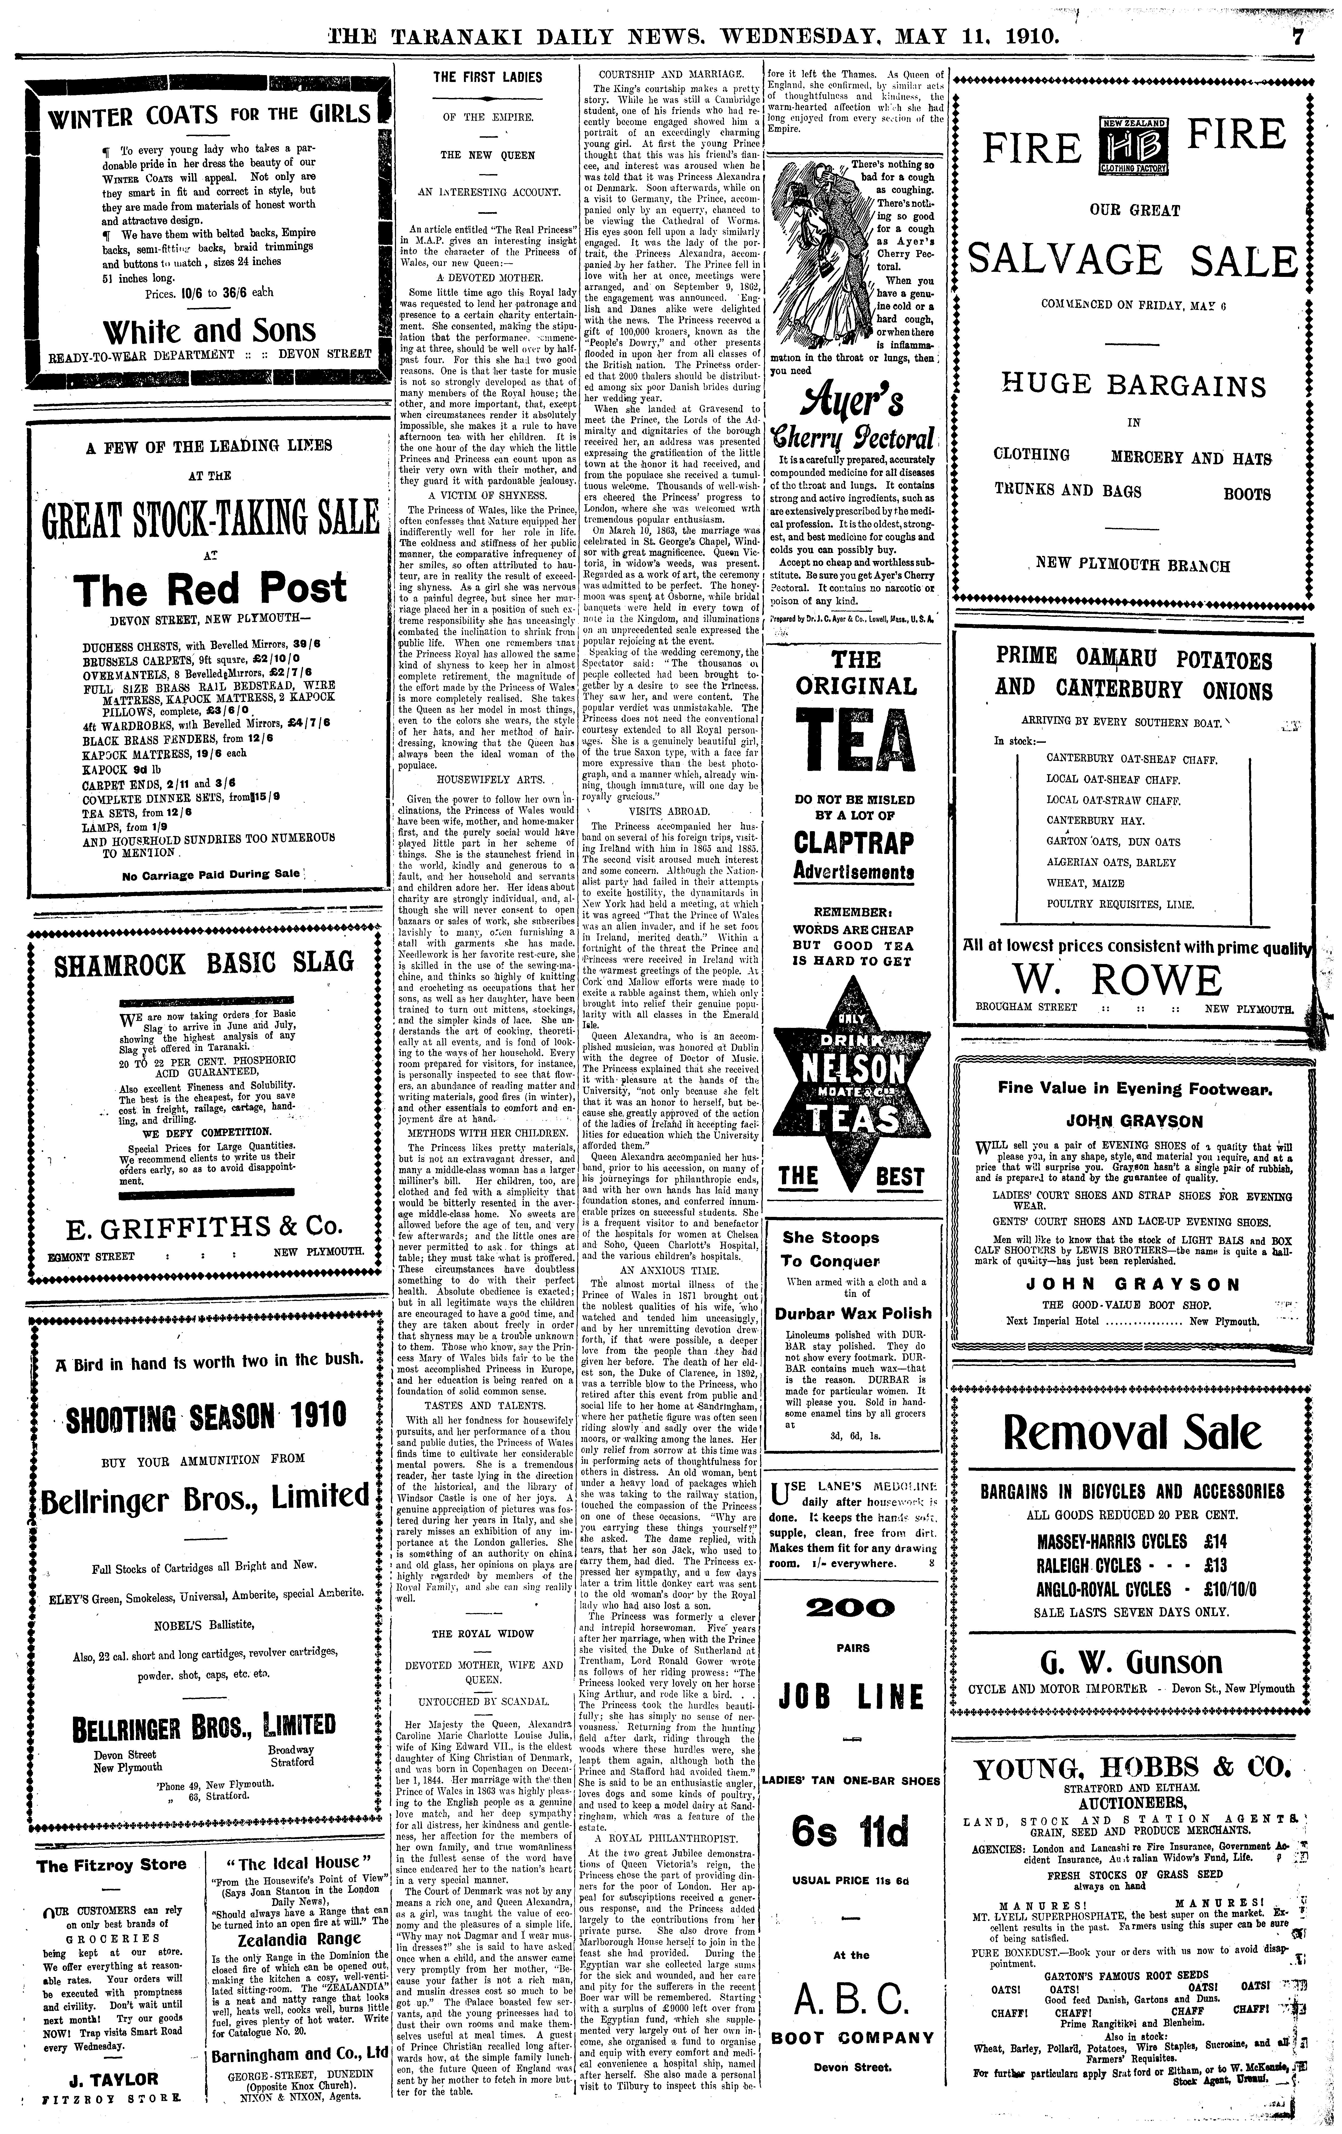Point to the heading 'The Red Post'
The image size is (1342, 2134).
[x=210, y=588]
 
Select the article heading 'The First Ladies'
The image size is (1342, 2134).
[x=487, y=77]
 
